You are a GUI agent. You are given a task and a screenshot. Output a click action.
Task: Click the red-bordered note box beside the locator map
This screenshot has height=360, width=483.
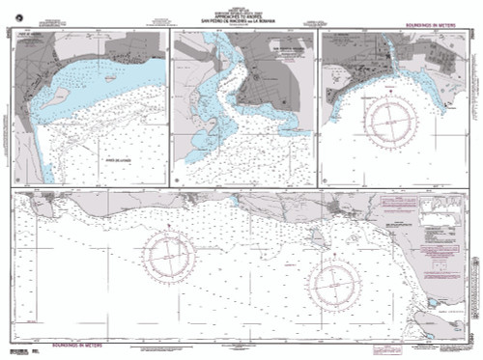click(398, 205)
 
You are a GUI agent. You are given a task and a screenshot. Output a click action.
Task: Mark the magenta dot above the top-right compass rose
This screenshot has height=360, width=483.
click(389, 84)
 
